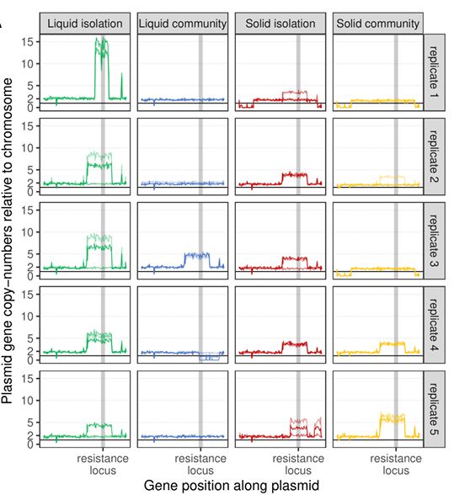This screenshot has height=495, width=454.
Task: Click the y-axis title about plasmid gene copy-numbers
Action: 9,240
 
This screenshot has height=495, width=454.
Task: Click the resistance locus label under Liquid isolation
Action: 102,464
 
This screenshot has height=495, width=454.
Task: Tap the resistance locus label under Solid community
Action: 395,464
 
